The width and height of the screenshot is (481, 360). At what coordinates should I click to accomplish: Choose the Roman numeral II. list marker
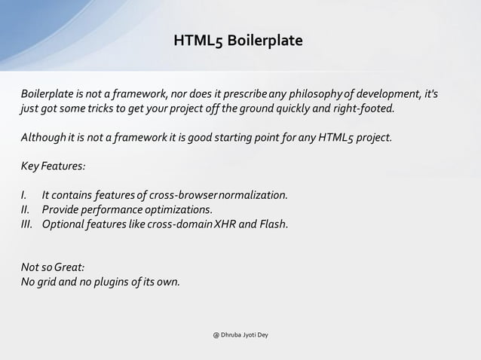(27, 209)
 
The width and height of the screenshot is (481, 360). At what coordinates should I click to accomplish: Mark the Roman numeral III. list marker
(29, 224)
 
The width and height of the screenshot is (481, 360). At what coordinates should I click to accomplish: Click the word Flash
(272, 224)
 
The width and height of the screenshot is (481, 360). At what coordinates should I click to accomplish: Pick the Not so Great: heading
(52, 268)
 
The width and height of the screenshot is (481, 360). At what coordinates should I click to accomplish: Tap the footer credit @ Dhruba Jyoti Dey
(240, 334)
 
